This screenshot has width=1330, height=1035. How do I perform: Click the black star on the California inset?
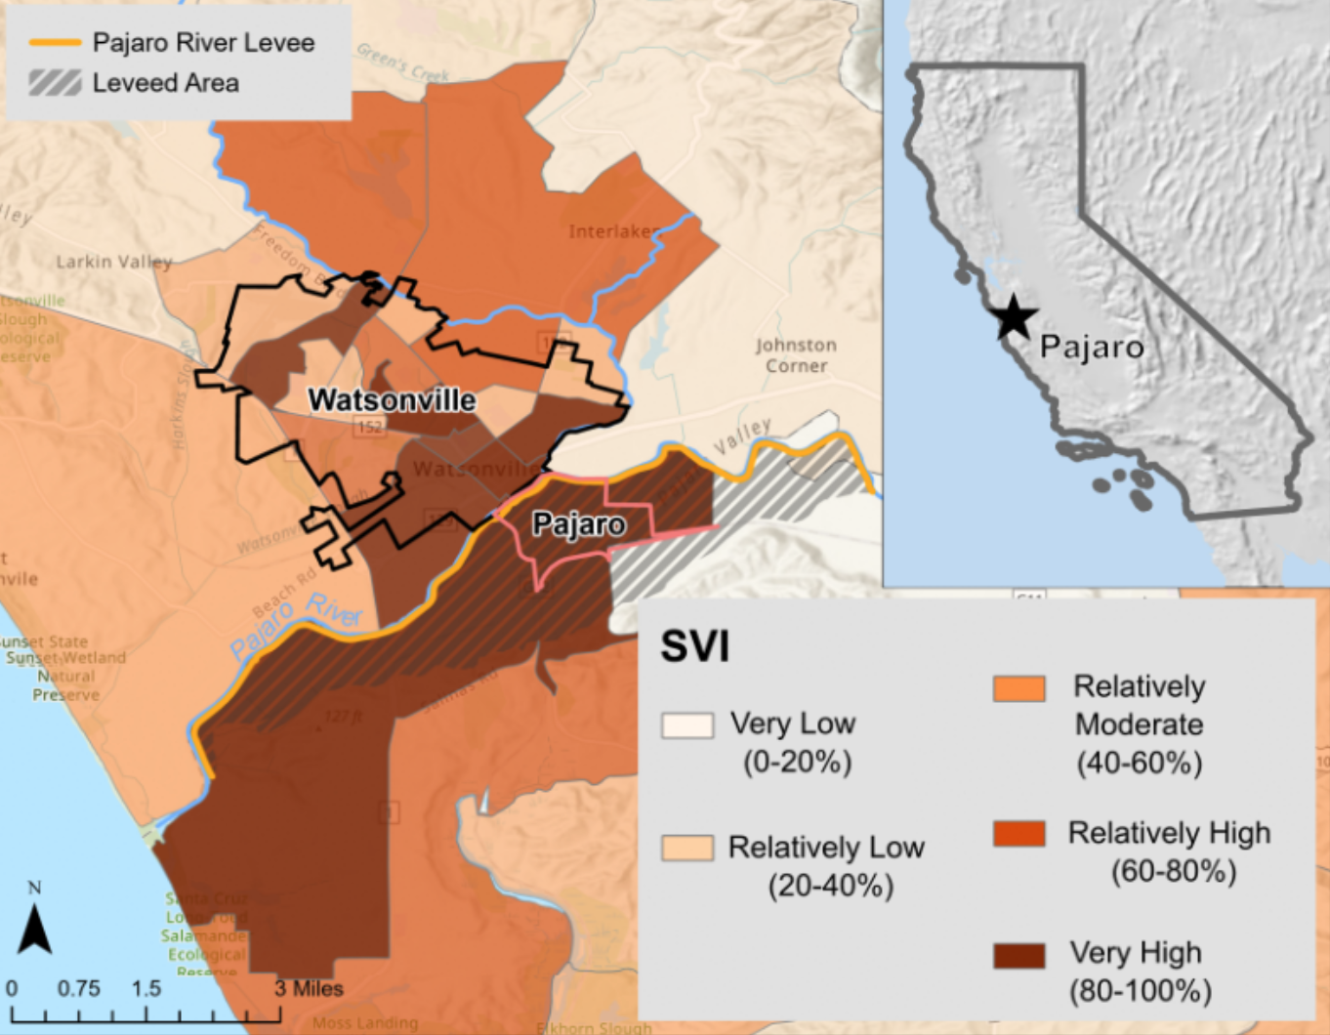pos(1013,317)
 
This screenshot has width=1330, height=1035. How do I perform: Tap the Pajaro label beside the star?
pos(1091,347)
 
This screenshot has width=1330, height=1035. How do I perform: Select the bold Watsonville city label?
pos(392,400)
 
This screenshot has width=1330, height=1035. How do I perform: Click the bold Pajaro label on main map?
pos(578,524)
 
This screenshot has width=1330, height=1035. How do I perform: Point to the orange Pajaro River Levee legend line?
pos(55,43)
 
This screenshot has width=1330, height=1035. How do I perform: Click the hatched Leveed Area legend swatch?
pos(55,83)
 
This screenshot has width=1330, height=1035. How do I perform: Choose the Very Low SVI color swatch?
pos(686,724)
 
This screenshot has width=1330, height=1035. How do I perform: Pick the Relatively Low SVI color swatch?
pos(686,848)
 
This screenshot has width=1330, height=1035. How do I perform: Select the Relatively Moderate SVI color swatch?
pos(1018,688)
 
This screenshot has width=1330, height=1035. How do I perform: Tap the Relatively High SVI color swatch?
pos(1018,834)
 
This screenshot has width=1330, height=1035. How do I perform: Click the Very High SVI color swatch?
pos(1018,955)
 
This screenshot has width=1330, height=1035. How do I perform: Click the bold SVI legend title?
pos(694,646)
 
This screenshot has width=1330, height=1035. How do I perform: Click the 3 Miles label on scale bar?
pos(309,988)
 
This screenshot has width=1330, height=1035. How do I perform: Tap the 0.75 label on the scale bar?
pos(78,988)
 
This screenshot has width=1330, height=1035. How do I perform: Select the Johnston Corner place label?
pos(796,355)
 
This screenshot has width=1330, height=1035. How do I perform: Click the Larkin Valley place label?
pos(113,262)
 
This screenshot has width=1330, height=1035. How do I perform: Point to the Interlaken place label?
pos(614,231)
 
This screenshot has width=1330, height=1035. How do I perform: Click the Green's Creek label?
pos(402,62)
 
